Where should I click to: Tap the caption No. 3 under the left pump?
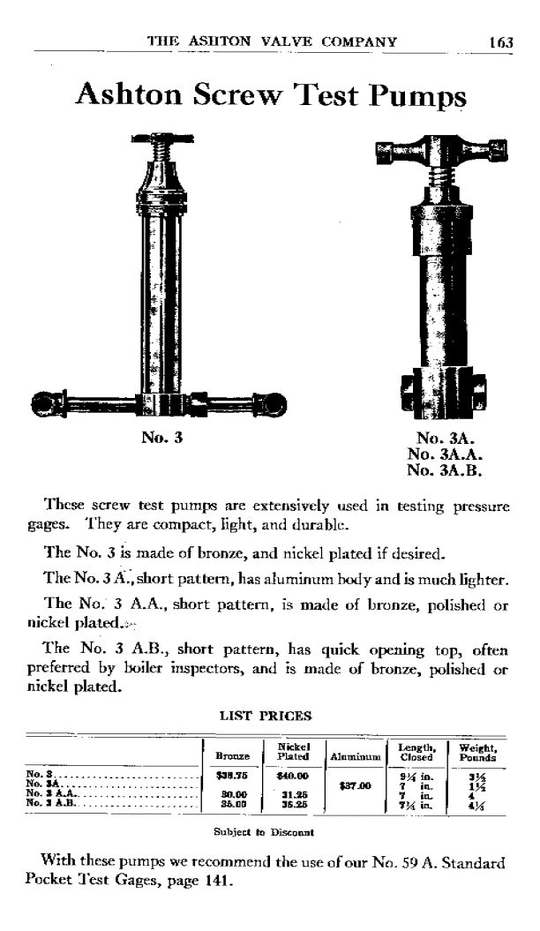161,435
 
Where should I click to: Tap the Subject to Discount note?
265,830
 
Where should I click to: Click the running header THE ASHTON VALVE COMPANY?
271,41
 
